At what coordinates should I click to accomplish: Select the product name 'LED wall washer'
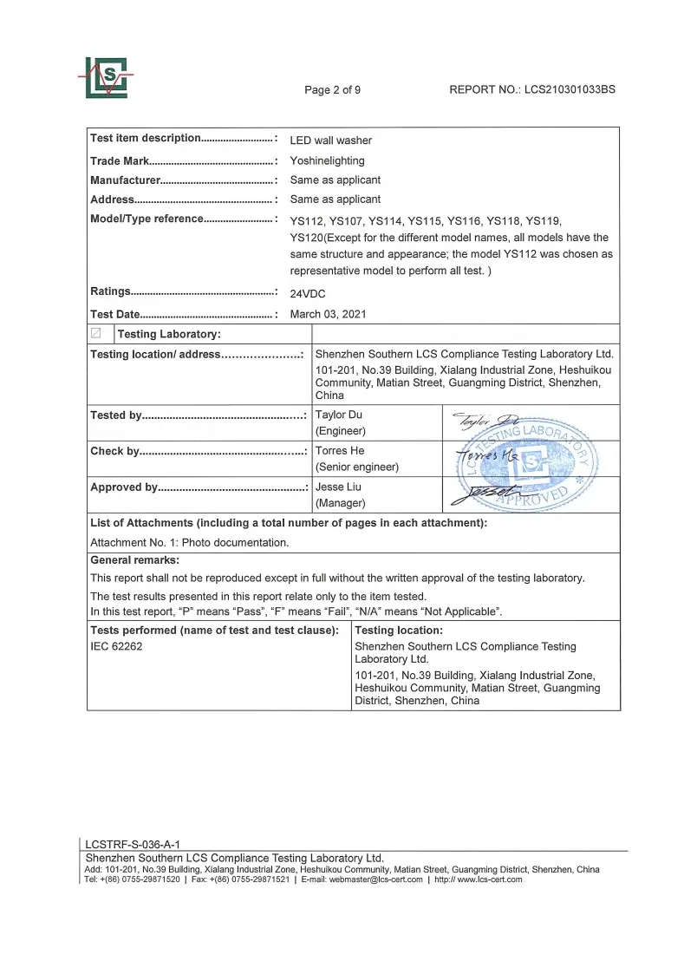point(330,141)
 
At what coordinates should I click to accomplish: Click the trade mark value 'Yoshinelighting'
point(327,160)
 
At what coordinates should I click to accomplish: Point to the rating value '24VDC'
point(308,293)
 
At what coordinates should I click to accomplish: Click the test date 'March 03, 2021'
point(328,314)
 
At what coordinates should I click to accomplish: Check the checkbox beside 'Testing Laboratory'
point(96,334)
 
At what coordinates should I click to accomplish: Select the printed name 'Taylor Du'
point(339,415)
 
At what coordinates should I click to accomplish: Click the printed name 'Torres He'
point(340,451)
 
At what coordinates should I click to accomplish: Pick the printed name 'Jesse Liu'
point(337,487)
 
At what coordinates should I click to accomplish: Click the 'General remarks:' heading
point(134,560)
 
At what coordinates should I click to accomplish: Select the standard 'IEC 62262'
point(117,646)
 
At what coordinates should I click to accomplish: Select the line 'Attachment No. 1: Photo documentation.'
point(189,542)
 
